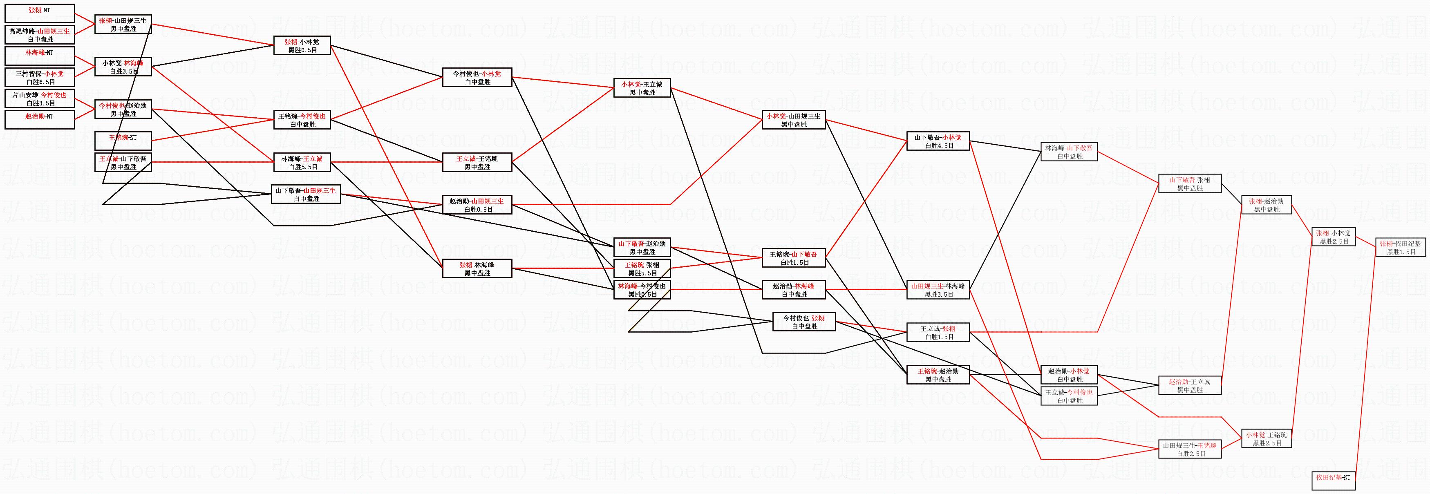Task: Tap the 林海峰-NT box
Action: pos(39,56)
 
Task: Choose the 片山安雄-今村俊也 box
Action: pos(39,98)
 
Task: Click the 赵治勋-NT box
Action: pos(39,120)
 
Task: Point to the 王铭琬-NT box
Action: pos(123,141)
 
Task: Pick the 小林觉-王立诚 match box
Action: pos(642,88)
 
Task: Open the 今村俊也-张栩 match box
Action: pos(804,322)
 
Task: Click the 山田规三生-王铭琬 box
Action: pos(1190,449)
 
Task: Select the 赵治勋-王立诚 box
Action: pos(1190,385)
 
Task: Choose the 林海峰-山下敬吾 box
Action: pos(1069,152)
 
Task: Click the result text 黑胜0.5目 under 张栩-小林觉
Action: pos(302,50)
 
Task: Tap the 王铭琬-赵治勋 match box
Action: pos(938,375)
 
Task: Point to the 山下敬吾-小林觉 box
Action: pos(938,141)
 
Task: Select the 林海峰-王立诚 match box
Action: pos(302,162)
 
